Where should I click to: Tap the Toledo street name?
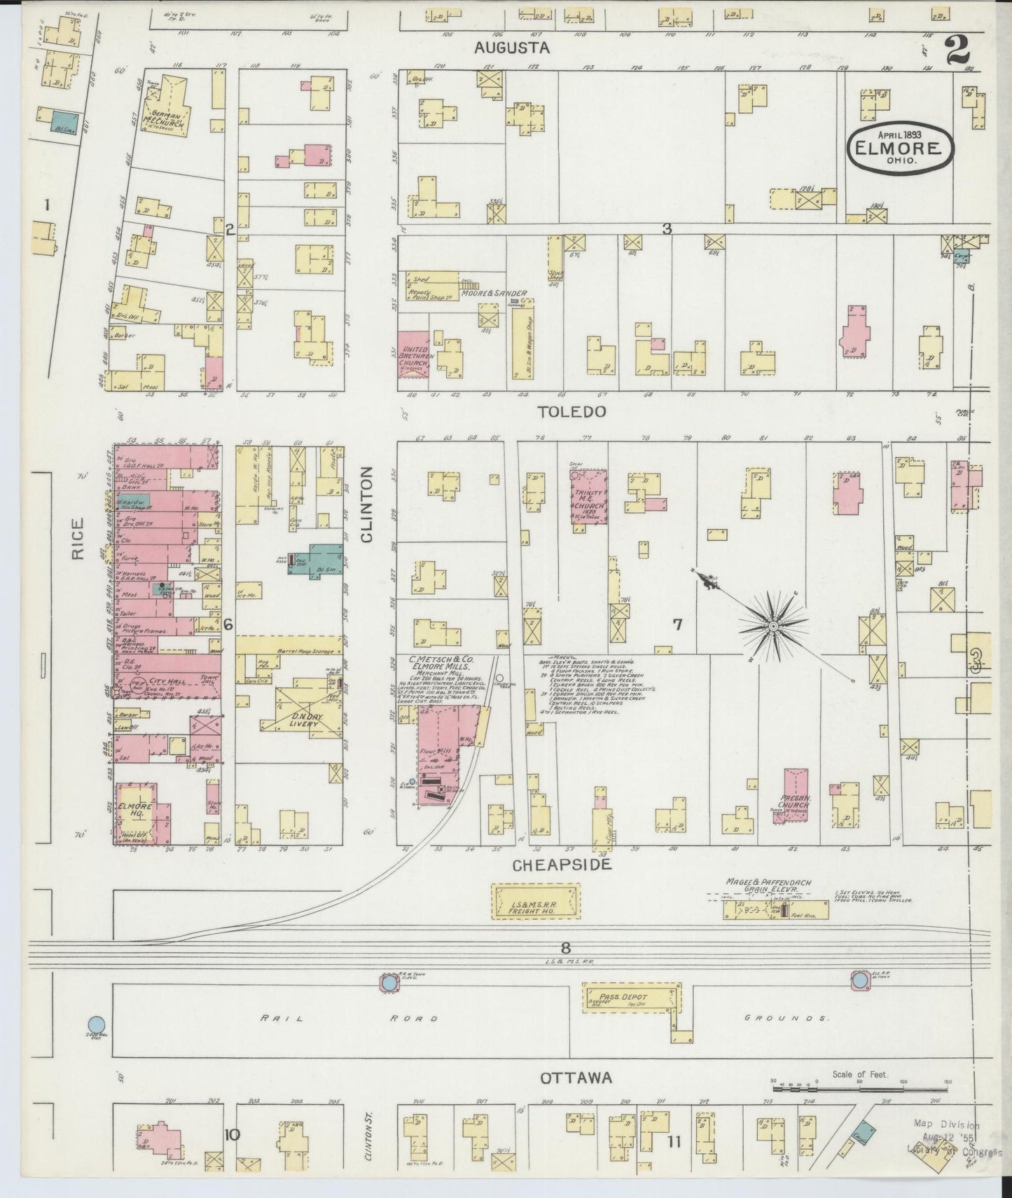pyautogui.click(x=571, y=412)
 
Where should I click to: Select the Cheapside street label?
pyautogui.click(x=562, y=865)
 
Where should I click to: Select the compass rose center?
pyautogui.click(x=772, y=624)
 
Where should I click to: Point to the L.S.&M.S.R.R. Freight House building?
pyautogui.click(x=536, y=901)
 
